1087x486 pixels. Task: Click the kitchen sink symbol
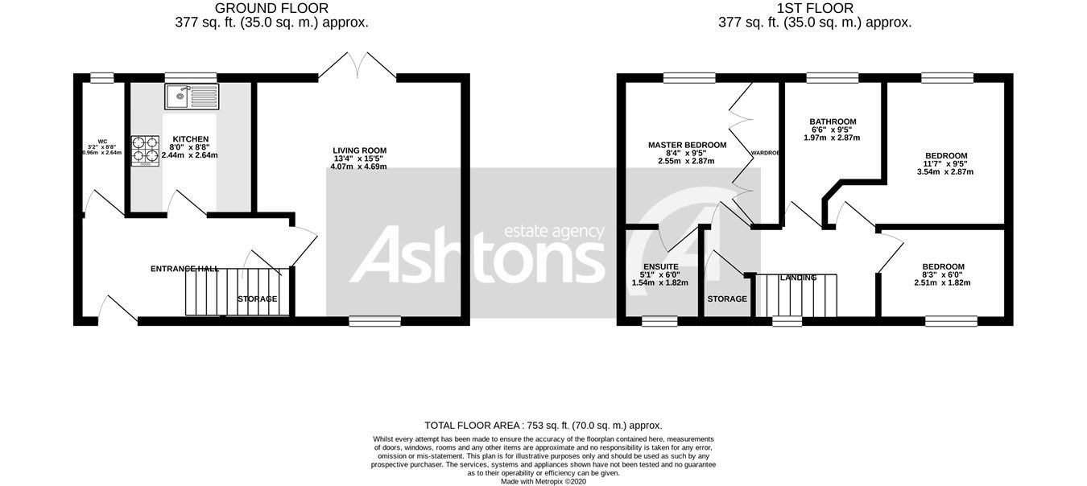[x=191, y=97]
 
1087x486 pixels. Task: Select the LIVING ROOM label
[x=360, y=150]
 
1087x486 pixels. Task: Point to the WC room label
[x=102, y=142]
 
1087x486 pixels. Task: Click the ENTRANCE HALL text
[x=184, y=269]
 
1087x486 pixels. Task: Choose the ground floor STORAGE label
[x=257, y=299]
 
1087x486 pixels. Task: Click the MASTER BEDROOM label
[x=687, y=145]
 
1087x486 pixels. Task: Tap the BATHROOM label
[x=833, y=122]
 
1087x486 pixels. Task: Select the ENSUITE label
[x=660, y=266]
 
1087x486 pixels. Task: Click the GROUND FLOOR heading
[x=271, y=8]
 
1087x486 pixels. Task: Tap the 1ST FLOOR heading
[x=815, y=8]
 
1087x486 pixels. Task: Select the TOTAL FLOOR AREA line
[x=543, y=425]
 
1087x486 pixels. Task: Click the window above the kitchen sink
[x=191, y=77]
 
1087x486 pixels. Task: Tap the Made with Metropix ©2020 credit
[x=543, y=481]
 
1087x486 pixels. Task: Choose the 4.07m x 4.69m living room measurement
[x=360, y=167]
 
